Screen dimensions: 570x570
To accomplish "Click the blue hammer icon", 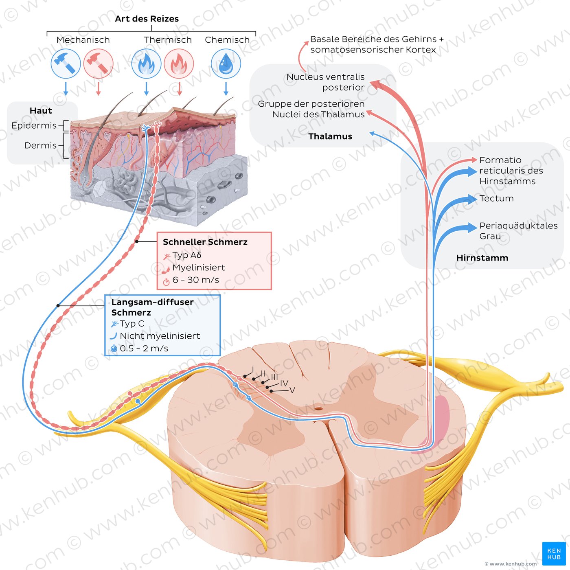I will click(66, 64).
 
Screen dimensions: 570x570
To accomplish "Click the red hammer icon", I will click(98, 64).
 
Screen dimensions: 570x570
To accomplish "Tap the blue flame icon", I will click(146, 64).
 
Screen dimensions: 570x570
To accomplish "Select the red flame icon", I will click(179, 64).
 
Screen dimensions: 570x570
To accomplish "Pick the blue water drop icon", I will click(226, 64).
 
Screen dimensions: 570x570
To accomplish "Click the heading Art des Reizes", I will click(147, 19).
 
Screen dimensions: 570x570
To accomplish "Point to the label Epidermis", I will click(34, 125).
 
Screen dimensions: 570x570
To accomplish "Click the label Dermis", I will click(40, 145).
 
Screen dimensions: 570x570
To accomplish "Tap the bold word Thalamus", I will click(330, 136).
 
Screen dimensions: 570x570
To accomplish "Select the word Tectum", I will click(496, 198).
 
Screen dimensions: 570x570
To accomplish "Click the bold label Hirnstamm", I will click(482, 258).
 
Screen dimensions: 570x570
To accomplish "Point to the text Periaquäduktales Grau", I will click(518, 230).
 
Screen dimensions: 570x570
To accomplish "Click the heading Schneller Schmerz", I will click(205, 242).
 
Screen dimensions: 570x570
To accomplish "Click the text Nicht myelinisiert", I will click(160, 336).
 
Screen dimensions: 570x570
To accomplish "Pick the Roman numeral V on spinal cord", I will click(292, 390).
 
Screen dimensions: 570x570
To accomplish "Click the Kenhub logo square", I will click(554, 554).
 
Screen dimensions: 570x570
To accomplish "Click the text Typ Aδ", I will click(186, 255).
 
